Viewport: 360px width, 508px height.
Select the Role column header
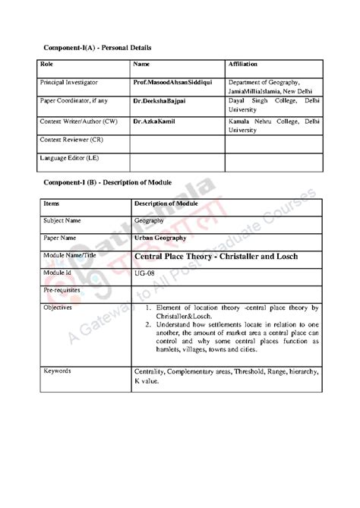[x=47, y=65]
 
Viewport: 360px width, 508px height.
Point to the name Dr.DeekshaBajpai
[x=159, y=100]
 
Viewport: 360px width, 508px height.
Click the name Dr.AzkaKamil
[x=154, y=121]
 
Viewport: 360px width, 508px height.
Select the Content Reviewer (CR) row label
[x=71, y=140]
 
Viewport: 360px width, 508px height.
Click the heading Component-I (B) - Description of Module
[x=106, y=184]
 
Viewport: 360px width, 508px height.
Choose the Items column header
[x=52, y=204]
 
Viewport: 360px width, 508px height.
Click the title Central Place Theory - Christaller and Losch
[x=216, y=256]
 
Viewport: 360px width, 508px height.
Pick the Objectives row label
[x=58, y=310]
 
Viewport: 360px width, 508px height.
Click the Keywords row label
[x=57, y=371]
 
